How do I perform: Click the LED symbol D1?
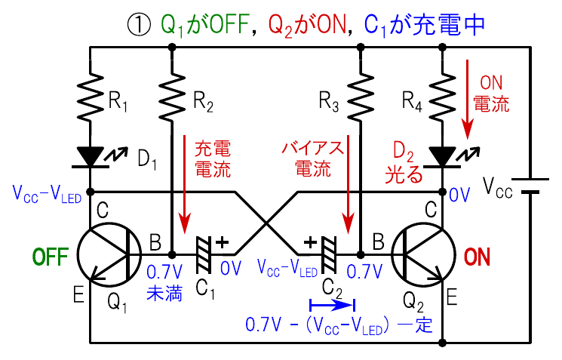91,156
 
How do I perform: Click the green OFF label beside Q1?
50,257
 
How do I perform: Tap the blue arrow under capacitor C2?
332,306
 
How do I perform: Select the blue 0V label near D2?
459,195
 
